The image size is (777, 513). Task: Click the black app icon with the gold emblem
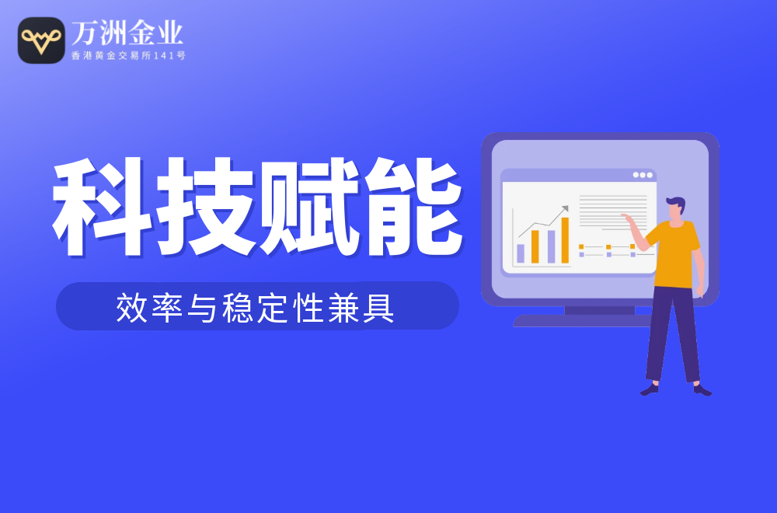[41, 40]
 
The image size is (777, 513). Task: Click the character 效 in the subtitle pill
[131, 308]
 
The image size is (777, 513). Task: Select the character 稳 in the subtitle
[237, 308]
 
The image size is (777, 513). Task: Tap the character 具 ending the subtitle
[378, 308]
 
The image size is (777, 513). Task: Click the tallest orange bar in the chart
[565, 240]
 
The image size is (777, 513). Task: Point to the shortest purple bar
[521, 253]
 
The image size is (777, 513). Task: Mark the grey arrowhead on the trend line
[565, 208]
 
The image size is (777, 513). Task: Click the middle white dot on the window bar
[643, 175]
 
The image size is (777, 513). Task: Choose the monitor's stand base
[582, 321]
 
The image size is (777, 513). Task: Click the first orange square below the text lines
[581, 247]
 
